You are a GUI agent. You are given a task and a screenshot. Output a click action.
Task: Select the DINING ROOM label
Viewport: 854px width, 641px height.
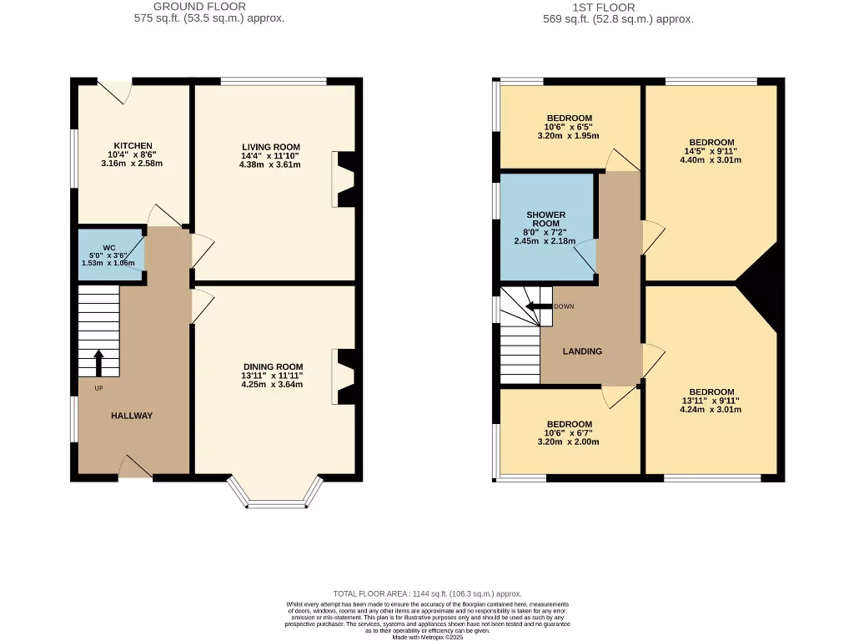(x=273, y=366)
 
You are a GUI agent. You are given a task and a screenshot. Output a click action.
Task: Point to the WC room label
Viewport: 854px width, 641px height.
(x=108, y=247)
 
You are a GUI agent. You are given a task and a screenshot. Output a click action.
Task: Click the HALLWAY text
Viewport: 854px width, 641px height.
(x=132, y=415)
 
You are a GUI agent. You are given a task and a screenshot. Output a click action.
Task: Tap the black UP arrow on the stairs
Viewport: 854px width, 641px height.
(x=98, y=362)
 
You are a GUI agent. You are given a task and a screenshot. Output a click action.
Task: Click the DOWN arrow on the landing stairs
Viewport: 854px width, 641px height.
(x=537, y=306)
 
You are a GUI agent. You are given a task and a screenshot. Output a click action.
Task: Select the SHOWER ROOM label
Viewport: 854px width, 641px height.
(x=545, y=220)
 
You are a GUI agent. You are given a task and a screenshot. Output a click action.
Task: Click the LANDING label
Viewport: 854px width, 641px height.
(x=582, y=351)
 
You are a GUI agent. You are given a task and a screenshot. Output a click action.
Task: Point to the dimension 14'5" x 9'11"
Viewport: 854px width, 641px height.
(x=711, y=151)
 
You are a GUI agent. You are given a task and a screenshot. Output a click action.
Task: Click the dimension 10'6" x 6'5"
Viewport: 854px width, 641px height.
(x=569, y=127)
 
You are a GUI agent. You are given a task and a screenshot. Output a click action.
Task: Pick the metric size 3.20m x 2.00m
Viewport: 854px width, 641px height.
(x=569, y=442)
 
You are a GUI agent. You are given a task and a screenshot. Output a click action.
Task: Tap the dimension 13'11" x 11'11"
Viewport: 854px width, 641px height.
(x=273, y=376)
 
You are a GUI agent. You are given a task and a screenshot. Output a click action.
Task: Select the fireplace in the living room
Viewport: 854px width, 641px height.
(x=344, y=179)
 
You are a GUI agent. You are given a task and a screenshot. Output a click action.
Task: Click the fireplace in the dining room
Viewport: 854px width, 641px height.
(x=344, y=376)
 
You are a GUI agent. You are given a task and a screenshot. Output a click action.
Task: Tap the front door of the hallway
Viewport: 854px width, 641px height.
(x=135, y=468)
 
